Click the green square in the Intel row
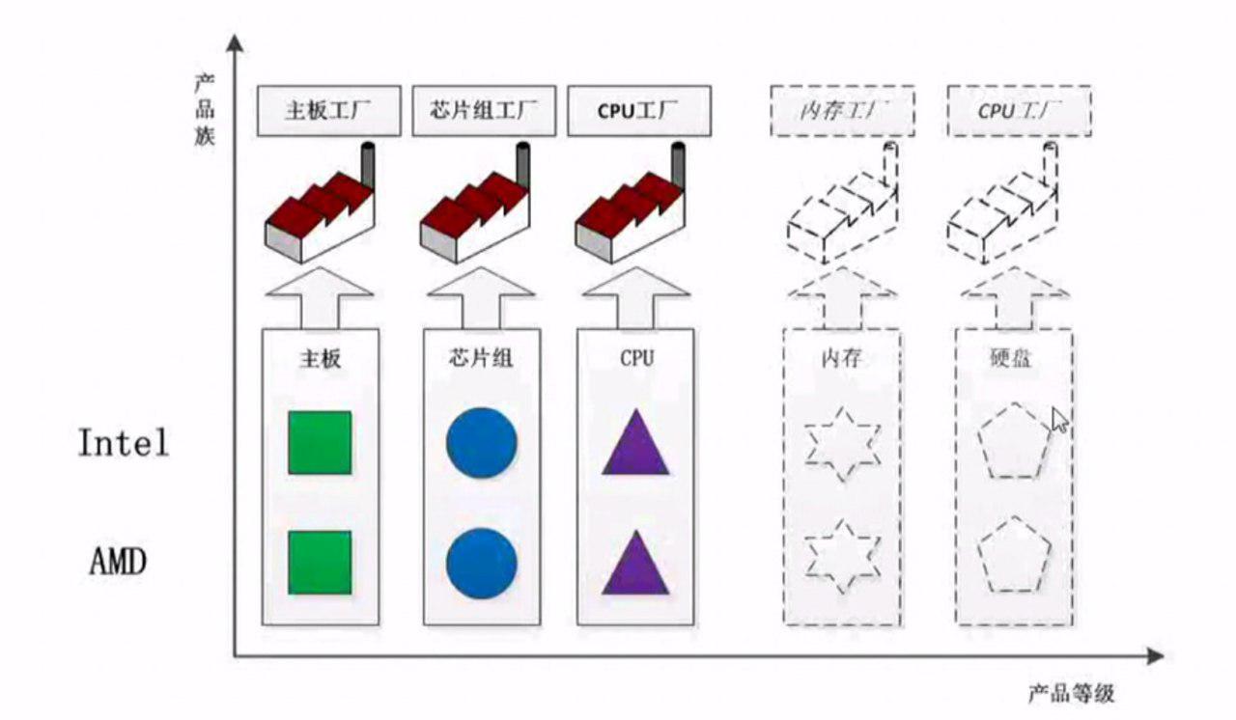point(320,442)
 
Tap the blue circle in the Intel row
point(481,442)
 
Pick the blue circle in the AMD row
point(481,562)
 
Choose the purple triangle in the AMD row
point(635,566)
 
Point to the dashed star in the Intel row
point(842,445)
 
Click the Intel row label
point(124,443)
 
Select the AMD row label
point(118,561)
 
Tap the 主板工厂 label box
point(328,111)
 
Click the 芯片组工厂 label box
point(484,111)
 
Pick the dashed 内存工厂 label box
point(842,111)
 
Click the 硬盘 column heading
point(1012,358)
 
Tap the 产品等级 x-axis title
point(1071,693)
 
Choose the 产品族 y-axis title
point(204,108)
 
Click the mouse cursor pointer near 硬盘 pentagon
point(1058,419)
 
